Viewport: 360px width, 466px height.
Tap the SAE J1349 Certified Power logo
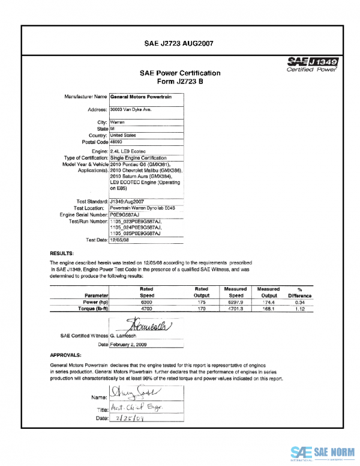[313, 65]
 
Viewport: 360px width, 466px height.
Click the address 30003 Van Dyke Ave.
[130, 110]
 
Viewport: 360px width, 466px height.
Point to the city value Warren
[118, 122]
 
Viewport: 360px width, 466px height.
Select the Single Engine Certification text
[140, 157]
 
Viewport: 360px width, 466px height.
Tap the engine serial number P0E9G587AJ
[125, 214]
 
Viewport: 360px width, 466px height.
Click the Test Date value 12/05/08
[119, 240]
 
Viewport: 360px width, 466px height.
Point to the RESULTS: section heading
[62, 254]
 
